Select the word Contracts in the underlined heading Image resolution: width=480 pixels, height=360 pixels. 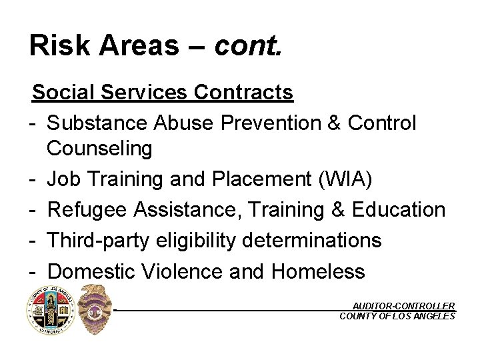243,92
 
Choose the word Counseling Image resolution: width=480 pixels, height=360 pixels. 99,148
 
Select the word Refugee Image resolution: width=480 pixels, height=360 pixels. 87,209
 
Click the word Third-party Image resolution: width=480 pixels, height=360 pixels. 97,240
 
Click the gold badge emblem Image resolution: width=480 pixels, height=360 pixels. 95,309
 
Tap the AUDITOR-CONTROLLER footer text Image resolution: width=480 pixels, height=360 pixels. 403,306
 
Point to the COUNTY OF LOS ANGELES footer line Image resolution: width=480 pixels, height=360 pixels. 397,316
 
